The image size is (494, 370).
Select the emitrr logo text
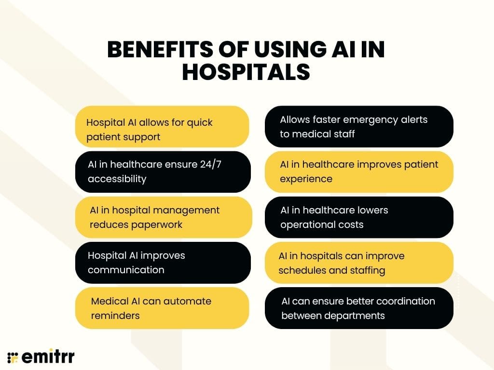(47, 357)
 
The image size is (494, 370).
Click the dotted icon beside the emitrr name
(13, 357)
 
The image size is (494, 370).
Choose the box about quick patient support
(162, 127)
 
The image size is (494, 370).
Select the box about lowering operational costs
(359, 217)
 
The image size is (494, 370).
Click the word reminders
(115, 316)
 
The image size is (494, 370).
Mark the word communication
(126, 270)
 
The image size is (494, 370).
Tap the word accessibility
(117, 179)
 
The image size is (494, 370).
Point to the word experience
(306, 179)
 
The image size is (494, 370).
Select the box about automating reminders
(162, 308)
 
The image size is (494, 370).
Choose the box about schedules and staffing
(359, 263)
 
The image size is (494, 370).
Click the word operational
(308, 225)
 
